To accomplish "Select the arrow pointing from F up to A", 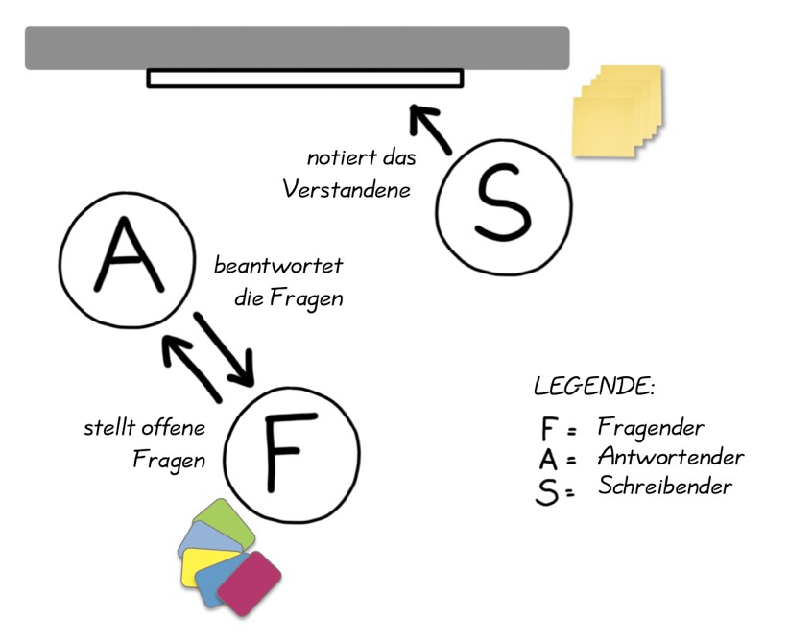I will coord(191,366).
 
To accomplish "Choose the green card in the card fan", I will coord(224,519).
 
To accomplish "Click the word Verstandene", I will coord(346,190).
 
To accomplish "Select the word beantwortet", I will coord(278,265).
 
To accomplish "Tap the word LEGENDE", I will coord(593,387).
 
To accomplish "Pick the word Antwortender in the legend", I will coord(670,456).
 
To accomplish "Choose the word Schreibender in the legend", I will coord(665,487).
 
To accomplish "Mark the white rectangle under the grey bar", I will coord(305,78).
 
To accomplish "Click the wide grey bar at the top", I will coord(297,47).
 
